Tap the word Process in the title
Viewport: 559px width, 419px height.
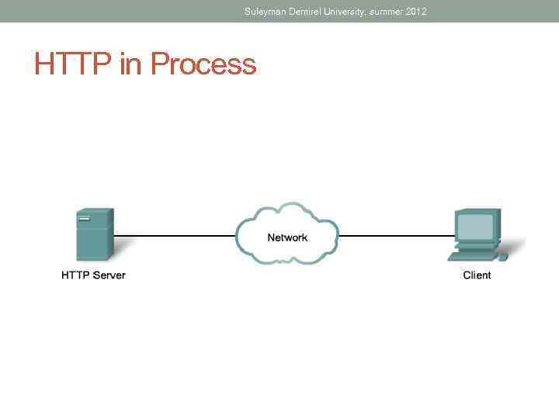point(203,64)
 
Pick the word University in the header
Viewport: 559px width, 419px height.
point(356,12)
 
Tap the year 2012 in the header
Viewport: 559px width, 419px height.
point(416,12)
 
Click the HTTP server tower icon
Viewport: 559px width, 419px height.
point(94,235)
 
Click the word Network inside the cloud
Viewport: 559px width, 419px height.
point(287,237)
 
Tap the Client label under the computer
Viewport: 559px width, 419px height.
point(477,275)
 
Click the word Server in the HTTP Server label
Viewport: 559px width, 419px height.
point(109,275)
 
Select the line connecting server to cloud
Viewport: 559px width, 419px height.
point(175,234)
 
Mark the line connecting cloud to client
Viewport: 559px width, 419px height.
point(396,234)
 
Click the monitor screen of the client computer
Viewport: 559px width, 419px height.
point(474,226)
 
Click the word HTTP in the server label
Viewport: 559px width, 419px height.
point(76,275)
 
